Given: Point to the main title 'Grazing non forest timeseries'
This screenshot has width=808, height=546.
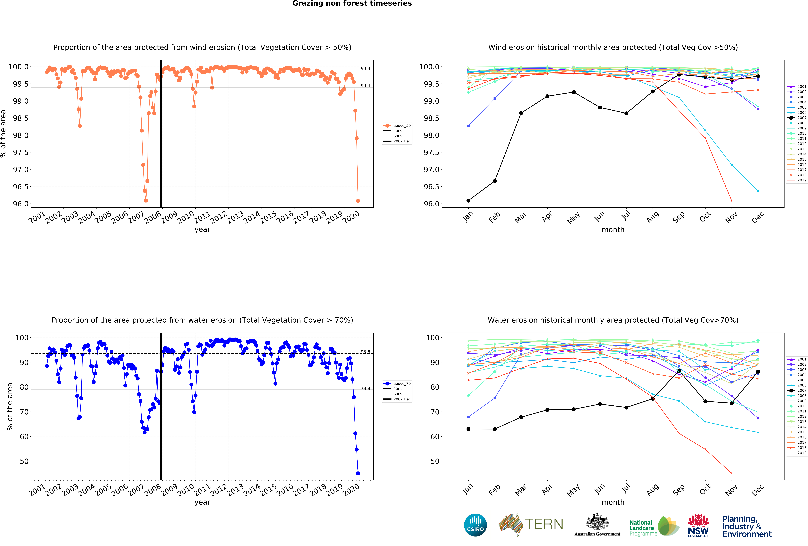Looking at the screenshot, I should pos(352,4).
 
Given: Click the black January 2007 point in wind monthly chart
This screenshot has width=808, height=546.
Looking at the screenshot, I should pos(468,201).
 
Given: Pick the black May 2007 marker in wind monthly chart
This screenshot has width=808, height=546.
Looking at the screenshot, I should pos(574,92).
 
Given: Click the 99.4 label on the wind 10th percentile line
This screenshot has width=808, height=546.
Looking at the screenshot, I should pos(365,86).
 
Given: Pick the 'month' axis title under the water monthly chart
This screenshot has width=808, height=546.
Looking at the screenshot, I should pos(613,502).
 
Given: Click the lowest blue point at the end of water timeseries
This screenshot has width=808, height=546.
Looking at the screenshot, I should pos(358,473).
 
